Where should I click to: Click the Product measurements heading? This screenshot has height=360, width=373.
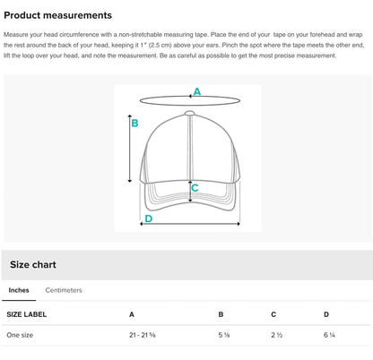[57, 15]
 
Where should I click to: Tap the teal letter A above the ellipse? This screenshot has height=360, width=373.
[197, 91]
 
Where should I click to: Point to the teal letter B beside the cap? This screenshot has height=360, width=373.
[134, 123]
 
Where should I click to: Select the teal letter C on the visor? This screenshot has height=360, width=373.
[195, 188]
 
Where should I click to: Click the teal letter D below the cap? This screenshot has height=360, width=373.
[149, 219]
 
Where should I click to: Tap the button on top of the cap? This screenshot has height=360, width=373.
[189, 113]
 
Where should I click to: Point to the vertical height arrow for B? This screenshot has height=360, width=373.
[130, 149]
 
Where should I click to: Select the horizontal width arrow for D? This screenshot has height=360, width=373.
[190, 224]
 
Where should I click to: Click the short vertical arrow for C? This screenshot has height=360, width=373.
[190, 191]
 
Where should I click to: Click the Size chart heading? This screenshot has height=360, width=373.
[33, 264]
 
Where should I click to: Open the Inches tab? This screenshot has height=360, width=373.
[19, 290]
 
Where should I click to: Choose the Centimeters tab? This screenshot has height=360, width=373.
[64, 290]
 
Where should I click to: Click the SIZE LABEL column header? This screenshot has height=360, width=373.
[27, 314]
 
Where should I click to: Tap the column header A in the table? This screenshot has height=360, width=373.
[132, 314]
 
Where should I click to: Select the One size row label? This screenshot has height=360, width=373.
[20, 335]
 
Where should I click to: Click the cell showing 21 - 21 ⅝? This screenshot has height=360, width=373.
[143, 335]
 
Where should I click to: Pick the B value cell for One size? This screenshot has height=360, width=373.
[224, 335]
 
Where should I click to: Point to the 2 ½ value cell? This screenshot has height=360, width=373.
[277, 335]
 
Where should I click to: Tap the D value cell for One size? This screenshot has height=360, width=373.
[329, 335]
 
